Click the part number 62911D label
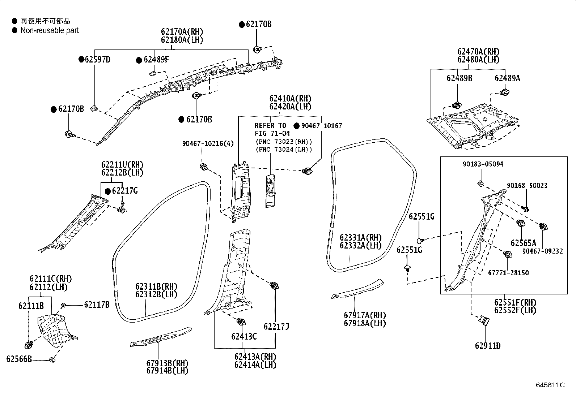pyautogui.click(x=488, y=346)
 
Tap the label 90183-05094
pyautogui.click(x=483, y=164)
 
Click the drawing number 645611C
pyautogui.click(x=550, y=385)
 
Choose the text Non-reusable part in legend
pyautogui.click(x=50, y=30)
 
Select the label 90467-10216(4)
pyautogui.click(x=208, y=144)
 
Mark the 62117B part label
pyautogui.click(x=97, y=305)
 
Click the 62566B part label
pyautogui.click(x=19, y=359)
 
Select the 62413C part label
pyautogui.click(x=244, y=336)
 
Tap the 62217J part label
pyautogui.click(x=276, y=326)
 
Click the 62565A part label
pyautogui.click(x=523, y=243)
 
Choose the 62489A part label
pyautogui.click(x=507, y=78)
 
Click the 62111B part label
pyautogui.click(x=31, y=306)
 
